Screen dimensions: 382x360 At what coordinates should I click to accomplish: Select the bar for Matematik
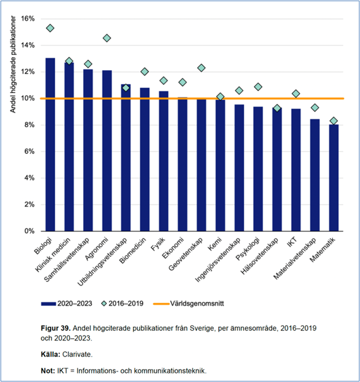[334, 178]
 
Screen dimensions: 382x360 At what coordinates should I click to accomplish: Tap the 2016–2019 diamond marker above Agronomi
[107, 38]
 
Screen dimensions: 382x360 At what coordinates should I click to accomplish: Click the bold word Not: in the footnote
[49, 370]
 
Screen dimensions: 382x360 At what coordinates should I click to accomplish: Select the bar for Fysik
[163, 161]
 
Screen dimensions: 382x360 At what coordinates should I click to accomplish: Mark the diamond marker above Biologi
[50, 28]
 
